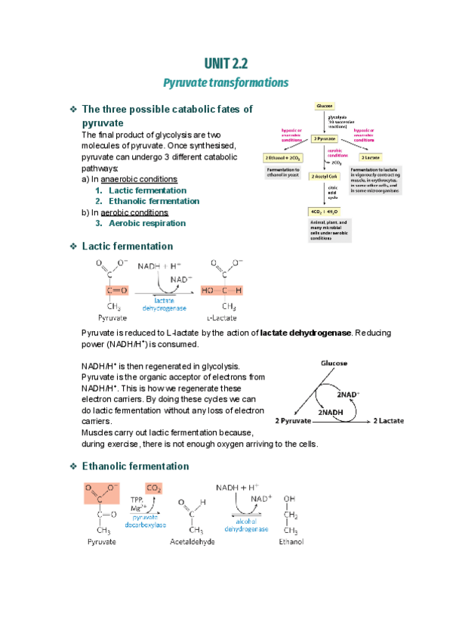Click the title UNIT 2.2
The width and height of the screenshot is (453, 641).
tap(226, 63)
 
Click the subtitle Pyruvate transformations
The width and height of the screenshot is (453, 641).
tap(226, 82)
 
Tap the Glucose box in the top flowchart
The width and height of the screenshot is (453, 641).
tap(325, 107)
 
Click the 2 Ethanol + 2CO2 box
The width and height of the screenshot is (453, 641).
tap(283, 157)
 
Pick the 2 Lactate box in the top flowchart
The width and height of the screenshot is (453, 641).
tap(369, 157)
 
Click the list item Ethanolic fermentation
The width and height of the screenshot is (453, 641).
tap(153, 201)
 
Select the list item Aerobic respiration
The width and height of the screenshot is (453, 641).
tap(146, 223)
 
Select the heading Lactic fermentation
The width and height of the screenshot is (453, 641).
tap(127, 246)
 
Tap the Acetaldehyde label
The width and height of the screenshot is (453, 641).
tap(193, 542)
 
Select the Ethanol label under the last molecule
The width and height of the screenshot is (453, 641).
tap(291, 542)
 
